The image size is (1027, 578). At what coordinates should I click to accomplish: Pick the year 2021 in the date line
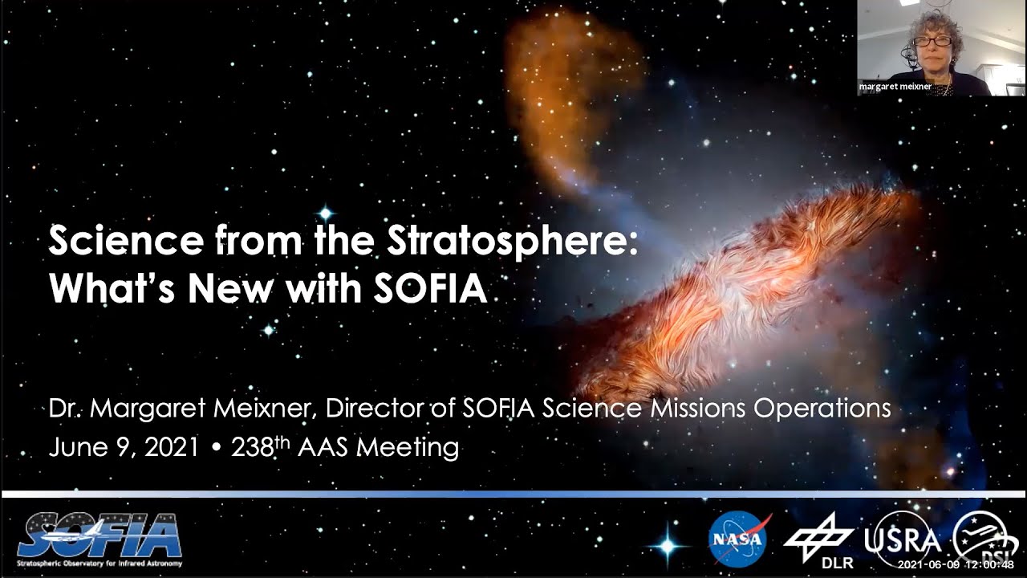coord(171,447)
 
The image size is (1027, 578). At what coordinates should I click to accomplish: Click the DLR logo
coord(818,539)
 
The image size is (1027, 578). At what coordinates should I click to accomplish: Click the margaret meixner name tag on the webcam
coord(895,87)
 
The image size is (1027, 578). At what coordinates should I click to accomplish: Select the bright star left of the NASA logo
coord(667,545)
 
